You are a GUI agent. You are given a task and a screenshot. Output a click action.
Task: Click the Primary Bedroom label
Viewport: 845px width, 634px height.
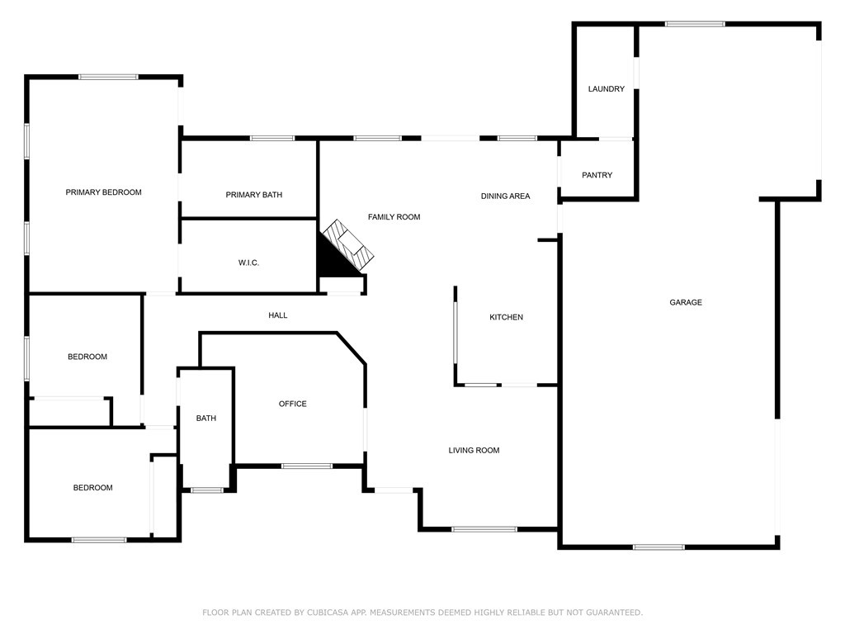[103, 192]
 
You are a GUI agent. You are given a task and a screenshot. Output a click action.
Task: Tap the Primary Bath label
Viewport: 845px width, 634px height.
[253, 195]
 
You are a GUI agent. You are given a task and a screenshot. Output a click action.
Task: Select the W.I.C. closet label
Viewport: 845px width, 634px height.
[248, 263]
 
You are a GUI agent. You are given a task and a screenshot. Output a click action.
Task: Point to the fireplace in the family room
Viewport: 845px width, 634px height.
[343, 250]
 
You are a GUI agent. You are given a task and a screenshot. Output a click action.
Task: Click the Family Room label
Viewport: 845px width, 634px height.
[394, 217]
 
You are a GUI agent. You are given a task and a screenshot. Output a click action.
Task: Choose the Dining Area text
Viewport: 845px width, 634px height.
[505, 196]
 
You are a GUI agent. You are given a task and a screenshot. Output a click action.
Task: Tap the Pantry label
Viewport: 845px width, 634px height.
[597, 175]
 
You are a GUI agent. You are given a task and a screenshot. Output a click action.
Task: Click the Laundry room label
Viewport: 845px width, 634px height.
[606, 89]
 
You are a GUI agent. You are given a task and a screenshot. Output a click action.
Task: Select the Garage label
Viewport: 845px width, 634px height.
[685, 303]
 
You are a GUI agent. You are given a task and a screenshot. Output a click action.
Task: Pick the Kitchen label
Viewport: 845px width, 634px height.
[506, 318]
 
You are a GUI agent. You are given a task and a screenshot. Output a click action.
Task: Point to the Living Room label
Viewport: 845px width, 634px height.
[474, 451]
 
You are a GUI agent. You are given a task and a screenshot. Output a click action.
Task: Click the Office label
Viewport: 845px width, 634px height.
[292, 404]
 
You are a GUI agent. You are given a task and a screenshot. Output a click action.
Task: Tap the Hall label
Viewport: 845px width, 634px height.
[278, 315]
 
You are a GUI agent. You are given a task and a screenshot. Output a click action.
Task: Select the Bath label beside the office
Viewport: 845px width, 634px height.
[206, 419]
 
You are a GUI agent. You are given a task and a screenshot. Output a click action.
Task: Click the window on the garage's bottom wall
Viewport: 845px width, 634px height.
[659, 546]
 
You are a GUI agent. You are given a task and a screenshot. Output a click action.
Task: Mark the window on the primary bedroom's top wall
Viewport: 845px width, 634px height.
[108, 77]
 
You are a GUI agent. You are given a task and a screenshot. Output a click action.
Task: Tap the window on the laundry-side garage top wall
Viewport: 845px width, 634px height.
[695, 24]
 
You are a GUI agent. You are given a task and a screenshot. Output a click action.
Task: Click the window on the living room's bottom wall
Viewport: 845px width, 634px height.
[484, 528]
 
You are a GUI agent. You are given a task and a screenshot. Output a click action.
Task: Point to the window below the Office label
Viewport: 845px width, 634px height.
[307, 466]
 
